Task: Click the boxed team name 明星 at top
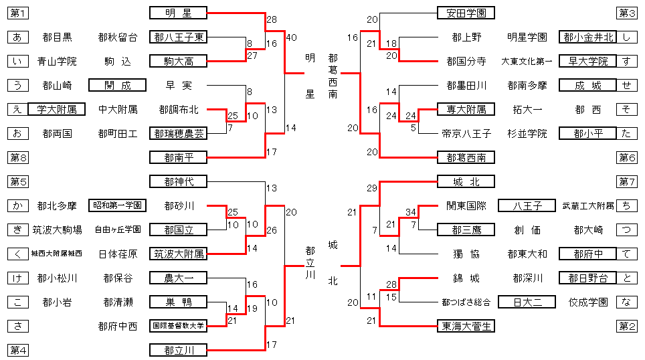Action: click(x=178, y=13)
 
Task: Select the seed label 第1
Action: click(x=19, y=13)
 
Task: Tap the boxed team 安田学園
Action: click(x=466, y=13)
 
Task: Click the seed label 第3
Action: click(x=627, y=13)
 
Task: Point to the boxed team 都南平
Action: click(x=178, y=157)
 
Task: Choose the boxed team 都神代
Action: click(x=178, y=181)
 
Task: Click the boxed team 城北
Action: click(x=466, y=181)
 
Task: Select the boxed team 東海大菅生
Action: click(x=466, y=326)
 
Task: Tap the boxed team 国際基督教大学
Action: click(x=178, y=326)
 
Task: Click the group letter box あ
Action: click(x=19, y=37)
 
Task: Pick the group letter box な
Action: click(x=627, y=302)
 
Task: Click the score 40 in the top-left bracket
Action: click(x=291, y=37)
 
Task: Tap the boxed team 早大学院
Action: click(x=587, y=61)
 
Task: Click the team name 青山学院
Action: click(x=56, y=62)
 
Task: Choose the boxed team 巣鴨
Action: click(x=178, y=302)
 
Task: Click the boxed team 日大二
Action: click(x=527, y=302)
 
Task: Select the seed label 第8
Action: click(x=19, y=157)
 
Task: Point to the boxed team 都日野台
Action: click(x=587, y=278)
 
